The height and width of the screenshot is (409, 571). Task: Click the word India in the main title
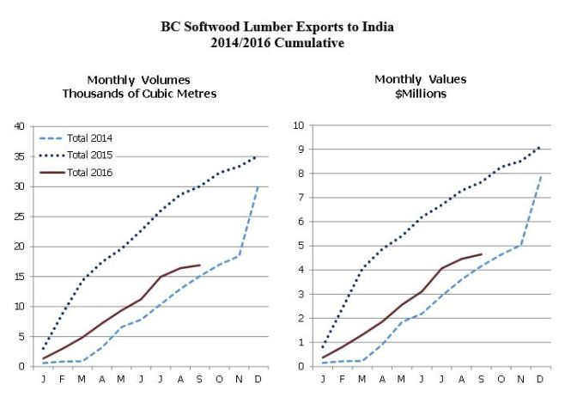point(377,27)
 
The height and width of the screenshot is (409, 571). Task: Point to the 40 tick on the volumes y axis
point(18,126)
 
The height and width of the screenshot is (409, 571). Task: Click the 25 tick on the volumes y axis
point(18,217)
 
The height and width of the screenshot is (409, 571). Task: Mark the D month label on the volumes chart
point(259,378)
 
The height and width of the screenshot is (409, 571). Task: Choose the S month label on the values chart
point(481,378)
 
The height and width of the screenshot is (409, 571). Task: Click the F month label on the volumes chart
point(63,378)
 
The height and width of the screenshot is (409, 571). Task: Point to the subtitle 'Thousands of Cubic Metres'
point(139,94)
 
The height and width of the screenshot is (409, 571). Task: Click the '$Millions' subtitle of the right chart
point(420,94)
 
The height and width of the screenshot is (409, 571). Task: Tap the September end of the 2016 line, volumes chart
point(200,266)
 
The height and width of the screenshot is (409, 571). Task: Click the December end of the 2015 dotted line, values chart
point(540,146)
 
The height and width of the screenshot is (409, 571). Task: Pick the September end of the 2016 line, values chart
point(481,254)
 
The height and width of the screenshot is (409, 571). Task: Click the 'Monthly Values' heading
point(420,79)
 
